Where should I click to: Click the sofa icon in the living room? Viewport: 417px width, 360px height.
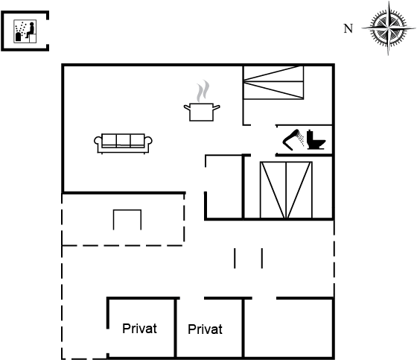[x=123, y=144]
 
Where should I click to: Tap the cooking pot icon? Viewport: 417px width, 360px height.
[x=202, y=112]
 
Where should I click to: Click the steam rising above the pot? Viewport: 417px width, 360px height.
[x=203, y=91]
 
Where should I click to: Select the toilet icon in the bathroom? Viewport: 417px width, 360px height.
[x=316, y=139]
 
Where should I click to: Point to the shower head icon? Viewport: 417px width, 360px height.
[x=293, y=139]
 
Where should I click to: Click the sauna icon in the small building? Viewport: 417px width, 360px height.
[x=25, y=31]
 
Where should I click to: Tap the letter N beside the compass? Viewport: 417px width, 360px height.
[x=348, y=28]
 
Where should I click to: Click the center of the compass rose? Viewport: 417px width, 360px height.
[x=389, y=28]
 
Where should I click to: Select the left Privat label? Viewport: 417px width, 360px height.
[x=139, y=329]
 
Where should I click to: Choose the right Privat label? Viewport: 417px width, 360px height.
[x=205, y=329]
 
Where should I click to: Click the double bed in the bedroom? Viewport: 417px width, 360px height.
[x=286, y=190]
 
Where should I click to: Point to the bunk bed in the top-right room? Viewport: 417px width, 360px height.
[x=274, y=83]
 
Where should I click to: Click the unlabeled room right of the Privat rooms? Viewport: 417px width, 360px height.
[x=289, y=328]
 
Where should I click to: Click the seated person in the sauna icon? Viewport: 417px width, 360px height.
[x=31, y=30]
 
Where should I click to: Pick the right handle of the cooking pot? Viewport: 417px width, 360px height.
[x=216, y=107]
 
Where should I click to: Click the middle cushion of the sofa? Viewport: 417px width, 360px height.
[x=123, y=140]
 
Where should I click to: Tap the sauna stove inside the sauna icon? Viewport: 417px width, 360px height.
[x=19, y=37]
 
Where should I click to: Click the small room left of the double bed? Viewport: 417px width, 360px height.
[x=224, y=187]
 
